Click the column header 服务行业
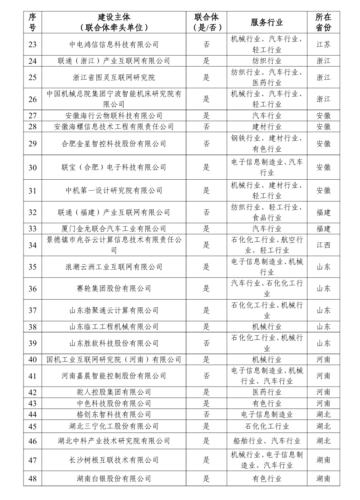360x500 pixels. click(x=266, y=22)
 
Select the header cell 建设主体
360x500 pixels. click(x=114, y=17)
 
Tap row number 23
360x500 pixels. click(x=33, y=44)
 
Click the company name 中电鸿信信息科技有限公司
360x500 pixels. click(x=114, y=44)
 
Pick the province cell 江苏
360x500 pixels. click(x=323, y=44)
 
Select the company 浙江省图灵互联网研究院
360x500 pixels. click(x=114, y=77)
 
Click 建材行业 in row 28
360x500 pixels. click(x=266, y=127)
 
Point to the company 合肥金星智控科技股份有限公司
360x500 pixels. click(x=114, y=143)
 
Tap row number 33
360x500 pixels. click(x=33, y=229)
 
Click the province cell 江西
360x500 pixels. click(x=323, y=245)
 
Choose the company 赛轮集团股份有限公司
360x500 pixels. click(x=114, y=289)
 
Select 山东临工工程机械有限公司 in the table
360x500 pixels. click(x=114, y=327)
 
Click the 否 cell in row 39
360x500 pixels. click(x=206, y=343)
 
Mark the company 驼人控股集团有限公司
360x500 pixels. click(x=114, y=392)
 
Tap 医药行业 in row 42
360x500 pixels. click(x=266, y=392)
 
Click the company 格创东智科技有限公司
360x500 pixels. click(x=114, y=415)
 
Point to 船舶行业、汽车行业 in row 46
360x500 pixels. click(x=266, y=441)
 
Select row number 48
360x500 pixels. click(x=33, y=479)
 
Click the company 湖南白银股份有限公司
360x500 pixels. click(x=114, y=479)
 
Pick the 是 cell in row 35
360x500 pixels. click(x=206, y=267)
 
